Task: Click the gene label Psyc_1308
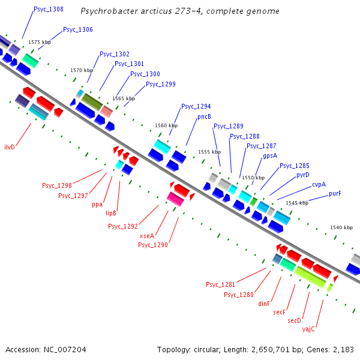49,10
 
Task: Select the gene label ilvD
10,146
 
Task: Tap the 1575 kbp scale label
40,42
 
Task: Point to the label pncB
205,116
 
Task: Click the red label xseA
147,236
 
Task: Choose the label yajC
308,329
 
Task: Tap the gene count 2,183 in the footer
342,349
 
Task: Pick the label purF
335,193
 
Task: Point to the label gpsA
270,155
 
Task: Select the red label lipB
111,212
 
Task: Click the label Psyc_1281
221,284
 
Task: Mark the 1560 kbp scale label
166,125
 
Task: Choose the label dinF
265,304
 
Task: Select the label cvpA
319,184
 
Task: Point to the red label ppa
97,204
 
